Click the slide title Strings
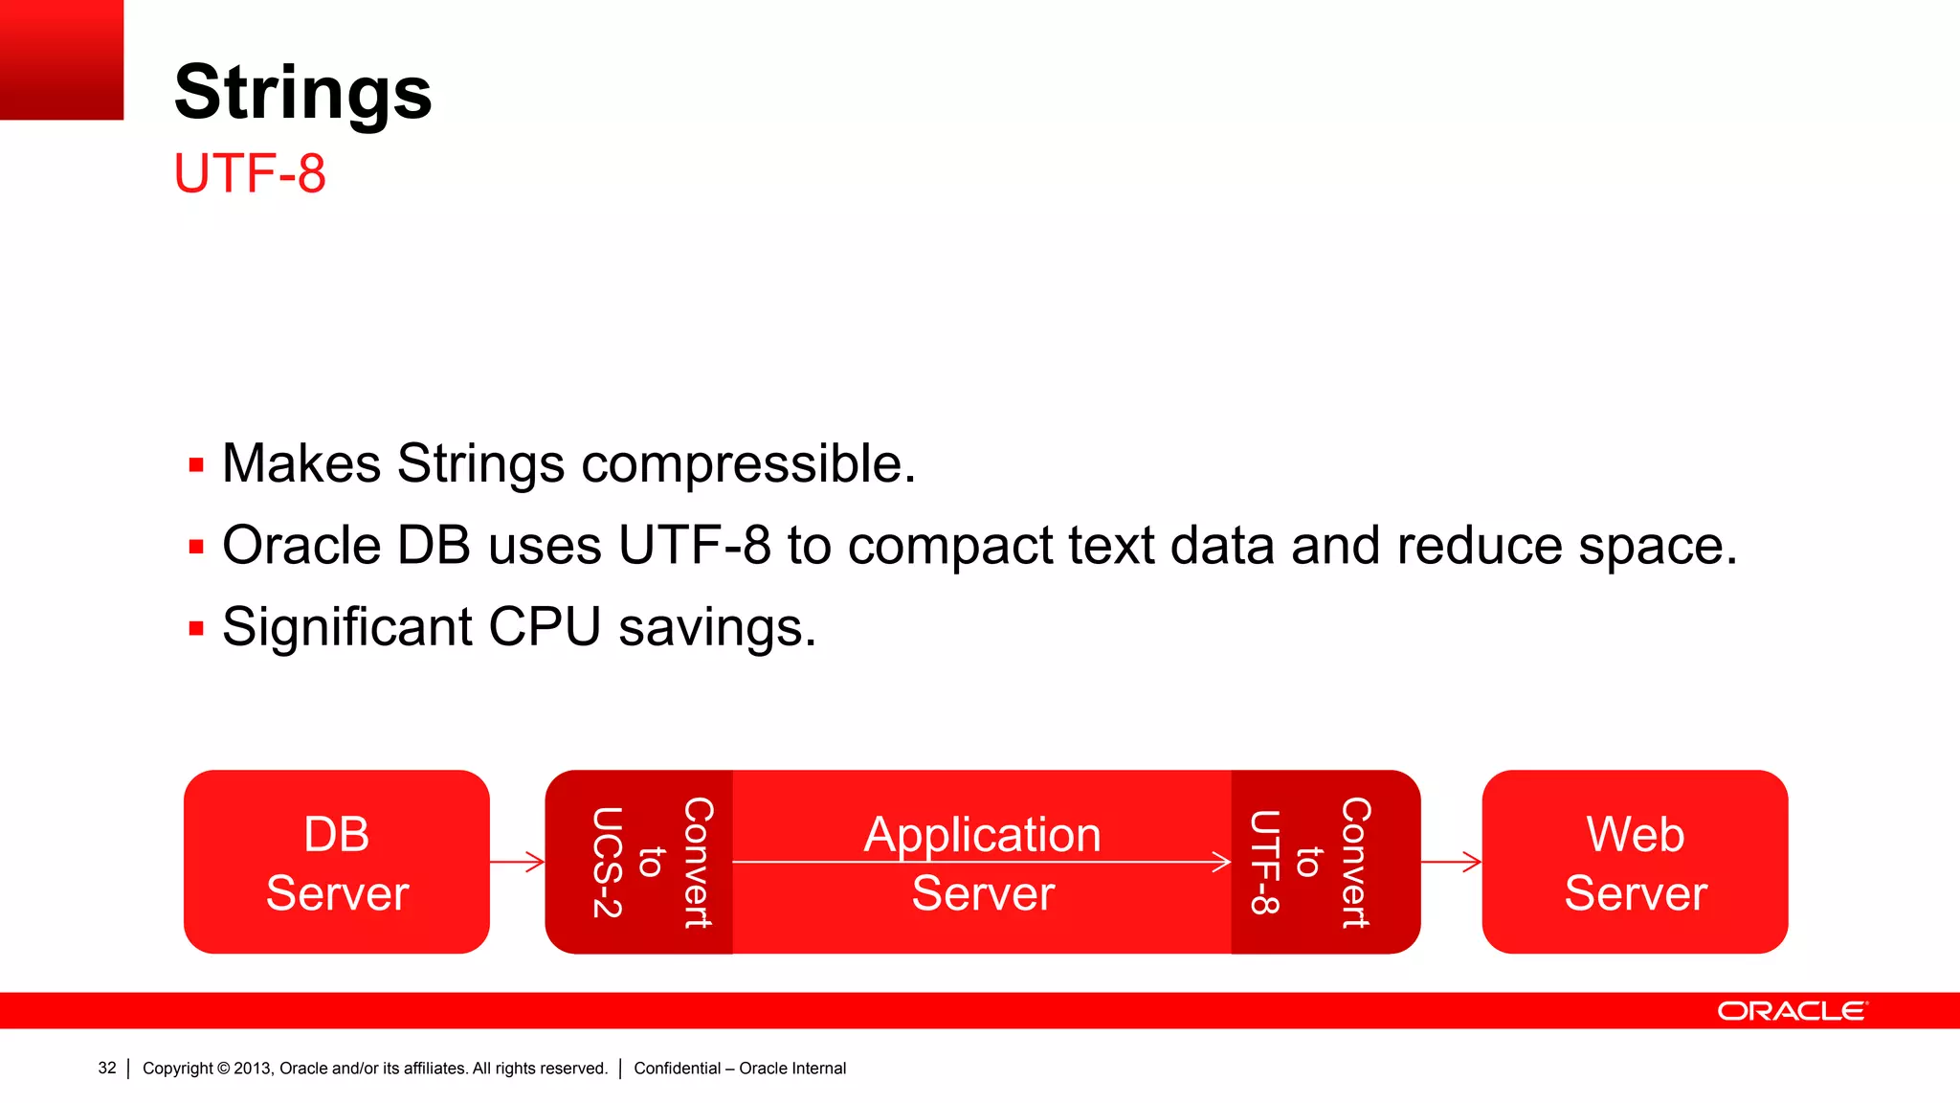302,92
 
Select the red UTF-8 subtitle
250,173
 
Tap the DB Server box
336,862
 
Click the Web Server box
1635,862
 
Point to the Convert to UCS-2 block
638,862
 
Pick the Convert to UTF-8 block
1325,862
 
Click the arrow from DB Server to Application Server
517,862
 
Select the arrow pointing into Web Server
1451,862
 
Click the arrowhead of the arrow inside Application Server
1222,862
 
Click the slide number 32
107,1068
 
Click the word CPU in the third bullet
545,628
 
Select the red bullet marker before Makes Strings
196,466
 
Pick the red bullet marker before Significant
196,629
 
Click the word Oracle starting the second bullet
301,546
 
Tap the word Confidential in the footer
677,1068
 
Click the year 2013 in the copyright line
252,1068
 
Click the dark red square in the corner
61,59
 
